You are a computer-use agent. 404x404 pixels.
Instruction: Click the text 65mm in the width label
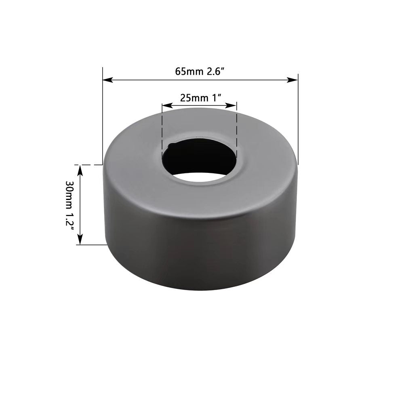185,72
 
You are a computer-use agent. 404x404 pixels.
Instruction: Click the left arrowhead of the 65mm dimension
106,80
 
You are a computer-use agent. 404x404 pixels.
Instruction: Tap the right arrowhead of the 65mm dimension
294,80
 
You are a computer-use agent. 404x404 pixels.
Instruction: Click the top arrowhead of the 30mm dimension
80,168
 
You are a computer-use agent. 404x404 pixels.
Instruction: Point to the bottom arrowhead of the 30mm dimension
80,241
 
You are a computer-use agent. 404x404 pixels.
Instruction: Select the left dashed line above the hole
162,131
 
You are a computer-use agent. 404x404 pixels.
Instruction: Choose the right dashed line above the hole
236,131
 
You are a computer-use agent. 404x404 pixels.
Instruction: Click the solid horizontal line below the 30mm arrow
91,245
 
